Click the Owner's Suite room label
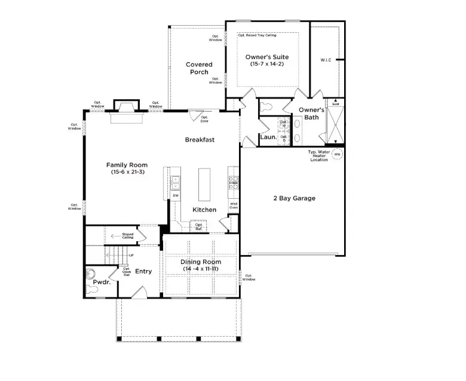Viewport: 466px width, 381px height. (x=267, y=57)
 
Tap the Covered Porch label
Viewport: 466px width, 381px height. (x=199, y=68)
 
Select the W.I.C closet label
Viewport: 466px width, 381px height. (x=326, y=60)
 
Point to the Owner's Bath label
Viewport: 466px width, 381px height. (x=311, y=113)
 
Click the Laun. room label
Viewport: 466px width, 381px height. (x=268, y=137)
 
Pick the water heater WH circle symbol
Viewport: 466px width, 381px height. (x=337, y=154)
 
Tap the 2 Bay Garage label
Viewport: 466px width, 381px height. (x=294, y=198)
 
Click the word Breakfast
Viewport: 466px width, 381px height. (x=200, y=140)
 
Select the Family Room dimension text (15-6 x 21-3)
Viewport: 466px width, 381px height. (x=127, y=172)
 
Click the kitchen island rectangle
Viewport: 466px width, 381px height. (x=204, y=184)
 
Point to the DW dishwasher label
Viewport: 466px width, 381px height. (x=176, y=195)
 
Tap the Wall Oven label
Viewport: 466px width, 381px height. (x=234, y=205)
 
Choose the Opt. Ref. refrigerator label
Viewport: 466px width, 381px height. (x=199, y=226)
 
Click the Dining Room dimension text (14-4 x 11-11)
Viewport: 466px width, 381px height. (x=201, y=269)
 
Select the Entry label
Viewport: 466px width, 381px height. (x=143, y=272)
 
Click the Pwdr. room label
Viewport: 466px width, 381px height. (x=101, y=282)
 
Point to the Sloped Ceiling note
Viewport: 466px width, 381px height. (x=128, y=236)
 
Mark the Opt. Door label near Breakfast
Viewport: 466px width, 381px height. (x=204, y=120)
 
